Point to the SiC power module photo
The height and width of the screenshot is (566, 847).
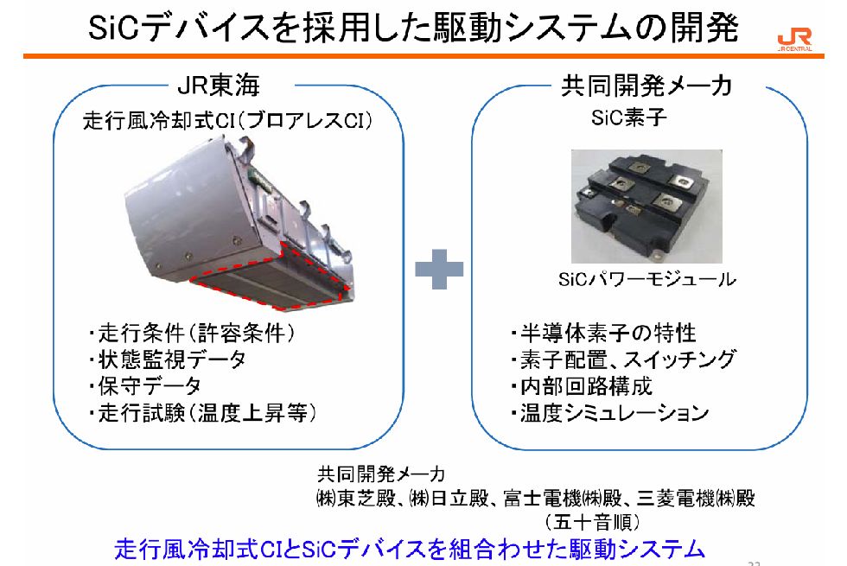(647, 206)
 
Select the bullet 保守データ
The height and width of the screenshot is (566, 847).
(149, 385)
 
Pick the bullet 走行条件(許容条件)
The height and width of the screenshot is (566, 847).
(195, 333)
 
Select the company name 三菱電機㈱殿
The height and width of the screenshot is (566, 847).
(696, 499)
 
